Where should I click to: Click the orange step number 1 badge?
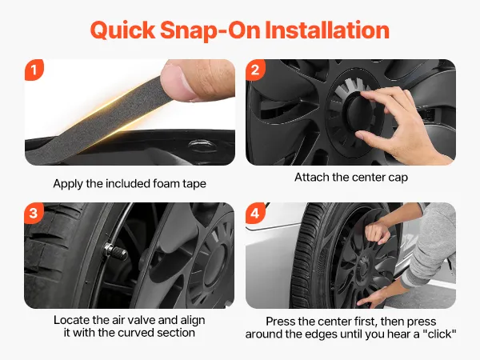pyautogui.click(x=34, y=70)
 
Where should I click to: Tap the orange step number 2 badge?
pyautogui.click(x=255, y=70)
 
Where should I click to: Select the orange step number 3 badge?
pyautogui.click(x=34, y=213)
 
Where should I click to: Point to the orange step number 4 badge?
pyautogui.click(x=255, y=213)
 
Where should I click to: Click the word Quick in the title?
pyautogui.click(x=122, y=31)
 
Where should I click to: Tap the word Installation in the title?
pyautogui.click(x=327, y=30)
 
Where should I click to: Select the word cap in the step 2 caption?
pyautogui.click(x=397, y=178)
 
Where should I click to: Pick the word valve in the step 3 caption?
pyautogui.click(x=141, y=320)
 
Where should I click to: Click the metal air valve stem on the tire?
pyautogui.click(x=115, y=251)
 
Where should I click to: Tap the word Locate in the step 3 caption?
pyautogui.click(x=72, y=320)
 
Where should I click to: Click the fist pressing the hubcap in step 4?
pyautogui.click(x=377, y=233)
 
